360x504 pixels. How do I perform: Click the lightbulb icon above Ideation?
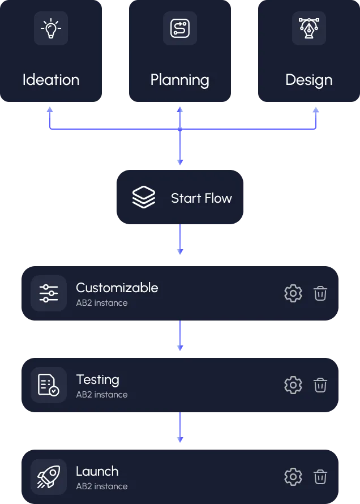coord(51,28)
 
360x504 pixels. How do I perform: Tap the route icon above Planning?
coord(180,28)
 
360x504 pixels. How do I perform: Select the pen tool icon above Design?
coord(309,28)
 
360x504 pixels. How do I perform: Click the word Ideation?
coord(51,80)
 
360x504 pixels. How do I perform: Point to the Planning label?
coord(180,80)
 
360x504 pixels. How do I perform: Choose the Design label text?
coord(309,80)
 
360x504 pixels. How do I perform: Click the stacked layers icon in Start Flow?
coord(144,198)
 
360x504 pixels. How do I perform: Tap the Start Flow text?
coord(202,198)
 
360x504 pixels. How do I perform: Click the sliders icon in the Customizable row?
coord(49,293)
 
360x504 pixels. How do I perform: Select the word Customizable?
coord(117,288)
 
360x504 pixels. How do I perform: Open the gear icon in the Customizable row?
coord(293,293)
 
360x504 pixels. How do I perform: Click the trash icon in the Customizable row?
coord(320,293)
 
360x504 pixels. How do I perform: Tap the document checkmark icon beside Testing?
coord(49,385)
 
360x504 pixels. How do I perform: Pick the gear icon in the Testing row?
coord(293,385)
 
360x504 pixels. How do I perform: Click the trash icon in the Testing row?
coord(320,385)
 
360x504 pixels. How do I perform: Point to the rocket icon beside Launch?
coord(49,477)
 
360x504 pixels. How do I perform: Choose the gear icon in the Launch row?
coord(293,477)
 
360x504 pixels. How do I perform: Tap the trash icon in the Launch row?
coord(320,477)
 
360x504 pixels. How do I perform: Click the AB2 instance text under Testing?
coord(102,395)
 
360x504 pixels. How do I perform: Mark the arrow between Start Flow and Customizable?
coord(180,240)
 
